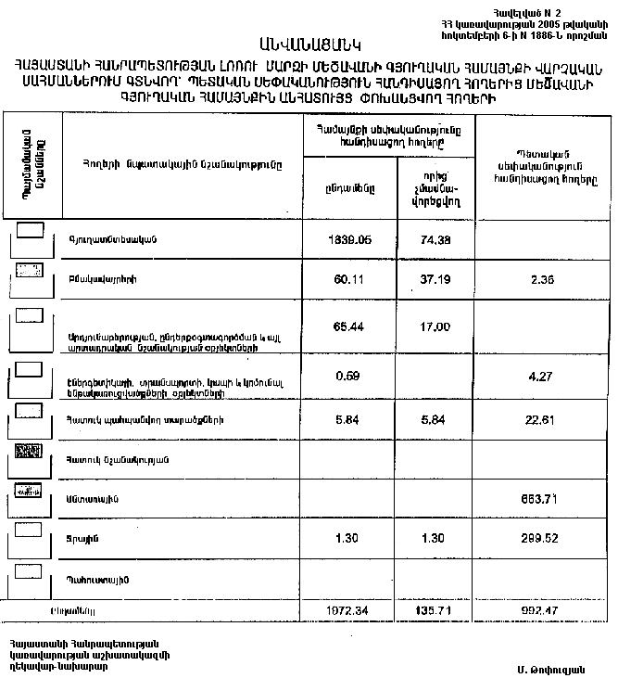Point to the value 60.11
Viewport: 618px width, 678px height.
[x=350, y=278]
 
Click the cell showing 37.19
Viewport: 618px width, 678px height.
[x=435, y=278]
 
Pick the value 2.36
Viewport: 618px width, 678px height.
[x=539, y=278]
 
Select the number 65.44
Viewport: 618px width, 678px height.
[x=350, y=327]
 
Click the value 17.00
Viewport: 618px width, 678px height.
[x=435, y=327]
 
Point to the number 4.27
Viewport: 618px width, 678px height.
[x=539, y=375]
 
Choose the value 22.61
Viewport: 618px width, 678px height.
[x=539, y=418]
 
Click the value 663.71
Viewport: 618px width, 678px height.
[x=539, y=500]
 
